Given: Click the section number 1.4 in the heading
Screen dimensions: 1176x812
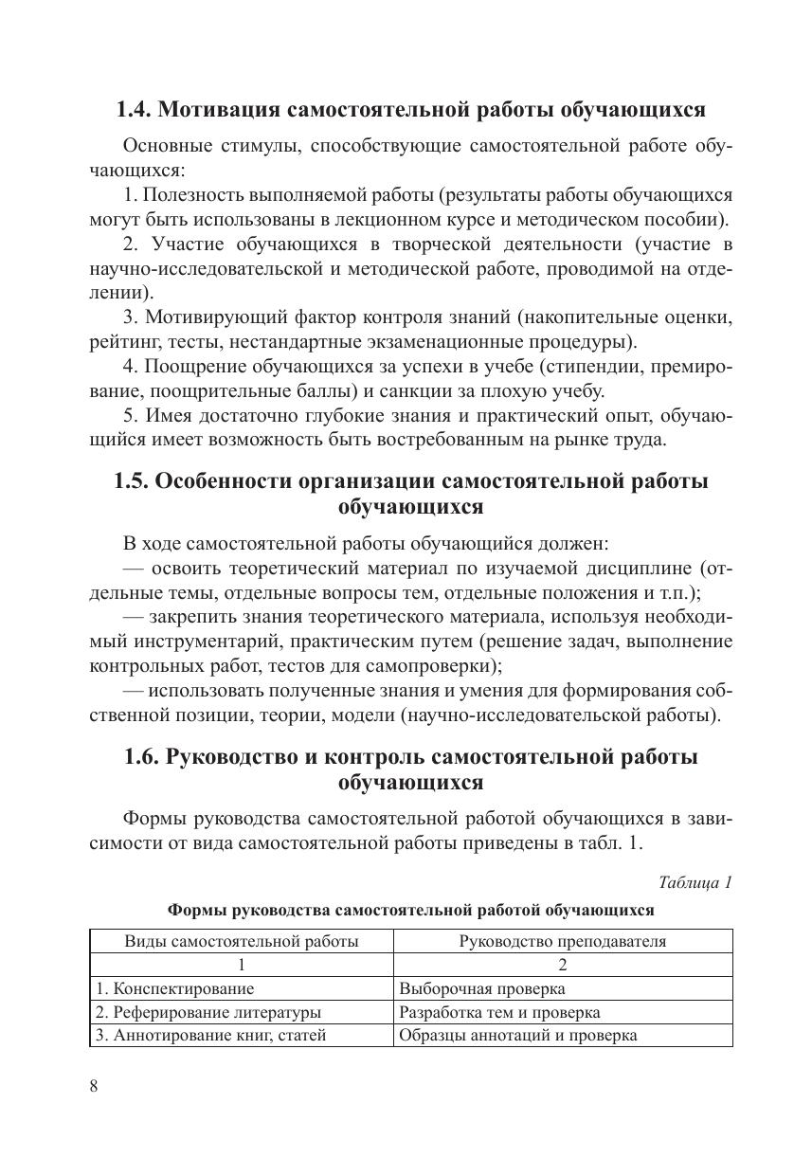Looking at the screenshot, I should [133, 110].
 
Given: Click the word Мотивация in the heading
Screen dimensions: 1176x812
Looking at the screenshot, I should [208, 110].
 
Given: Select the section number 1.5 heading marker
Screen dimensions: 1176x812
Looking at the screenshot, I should [131, 480].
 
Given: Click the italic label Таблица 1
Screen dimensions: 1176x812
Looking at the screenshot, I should [695, 882].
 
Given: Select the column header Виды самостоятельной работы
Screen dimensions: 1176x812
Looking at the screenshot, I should [242, 941].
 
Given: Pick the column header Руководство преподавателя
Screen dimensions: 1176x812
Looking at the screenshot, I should [562, 941].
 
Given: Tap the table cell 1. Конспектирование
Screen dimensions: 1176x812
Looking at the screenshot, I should [175, 988].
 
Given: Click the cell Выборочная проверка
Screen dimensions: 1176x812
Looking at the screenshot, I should [482, 988].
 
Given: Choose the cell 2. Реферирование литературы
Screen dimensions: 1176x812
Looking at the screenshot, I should [208, 1012].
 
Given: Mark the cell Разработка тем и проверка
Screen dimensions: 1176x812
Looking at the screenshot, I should [499, 1012].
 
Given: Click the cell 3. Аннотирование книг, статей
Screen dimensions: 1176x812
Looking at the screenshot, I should [211, 1035].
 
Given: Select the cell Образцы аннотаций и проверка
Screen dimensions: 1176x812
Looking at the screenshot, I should [517, 1035].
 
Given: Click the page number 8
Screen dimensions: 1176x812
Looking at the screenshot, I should [94, 1086].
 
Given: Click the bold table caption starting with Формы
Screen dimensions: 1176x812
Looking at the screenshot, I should [410, 910].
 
